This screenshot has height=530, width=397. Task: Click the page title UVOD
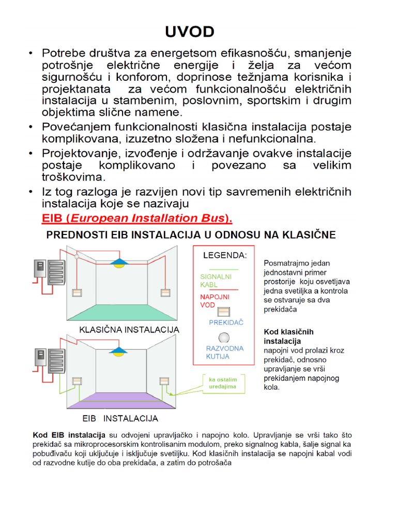(x=189, y=32)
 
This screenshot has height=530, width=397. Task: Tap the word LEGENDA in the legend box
(x=224, y=255)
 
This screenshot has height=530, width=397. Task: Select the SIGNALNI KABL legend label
(x=216, y=281)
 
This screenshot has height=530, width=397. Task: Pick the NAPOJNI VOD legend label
(x=215, y=301)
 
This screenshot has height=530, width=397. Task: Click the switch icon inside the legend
(x=224, y=312)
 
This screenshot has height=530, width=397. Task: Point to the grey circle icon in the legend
(x=224, y=337)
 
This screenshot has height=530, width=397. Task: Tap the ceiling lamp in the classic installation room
(x=119, y=263)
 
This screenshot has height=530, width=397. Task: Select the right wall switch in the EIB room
(x=165, y=382)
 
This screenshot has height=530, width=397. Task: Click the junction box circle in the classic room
(x=77, y=256)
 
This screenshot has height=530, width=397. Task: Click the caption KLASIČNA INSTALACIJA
(x=129, y=330)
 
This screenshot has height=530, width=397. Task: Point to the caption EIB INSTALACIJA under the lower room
(x=120, y=418)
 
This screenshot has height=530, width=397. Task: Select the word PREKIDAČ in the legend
(x=226, y=322)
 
